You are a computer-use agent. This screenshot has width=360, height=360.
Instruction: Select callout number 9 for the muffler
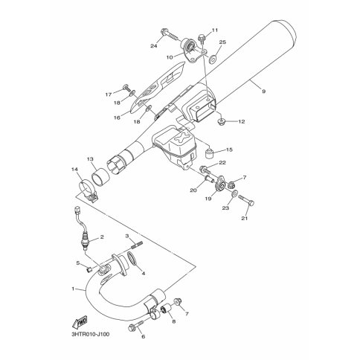click(263, 91)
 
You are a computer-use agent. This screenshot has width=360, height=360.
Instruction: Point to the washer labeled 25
click(213, 59)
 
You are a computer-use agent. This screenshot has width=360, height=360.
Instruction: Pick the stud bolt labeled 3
click(136, 245)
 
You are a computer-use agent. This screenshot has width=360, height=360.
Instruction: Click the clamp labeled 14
click(88, 191)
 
